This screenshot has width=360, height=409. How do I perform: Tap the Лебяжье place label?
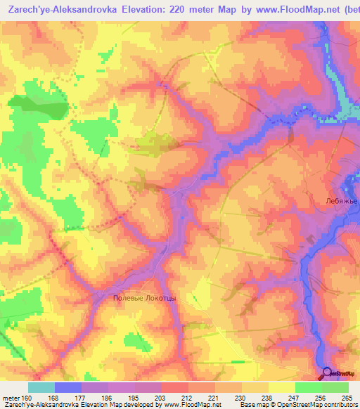click(342, 200)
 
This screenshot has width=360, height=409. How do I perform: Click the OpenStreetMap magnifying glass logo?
click(326, 373)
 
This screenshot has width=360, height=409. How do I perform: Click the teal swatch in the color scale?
click(41, 387)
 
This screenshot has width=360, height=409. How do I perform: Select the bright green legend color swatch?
click(309, 387)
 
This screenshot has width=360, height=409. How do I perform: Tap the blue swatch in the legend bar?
click(68, 387)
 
